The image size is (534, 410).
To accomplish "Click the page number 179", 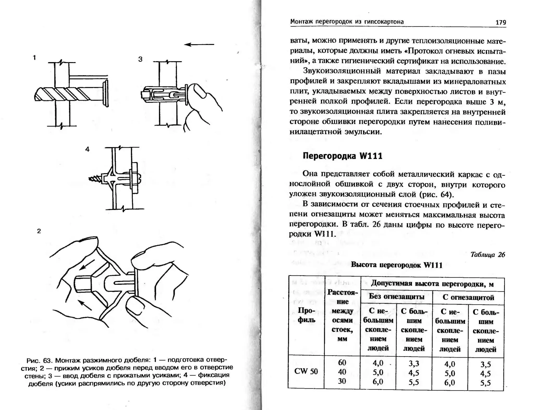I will tap(501, 22).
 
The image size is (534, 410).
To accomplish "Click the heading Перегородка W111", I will tap(342, 156).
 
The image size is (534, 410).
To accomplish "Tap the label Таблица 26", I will tap(488, 255).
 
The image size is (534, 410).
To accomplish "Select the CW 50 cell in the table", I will tap(306, 371).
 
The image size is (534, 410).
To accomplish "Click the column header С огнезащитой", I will tap(468, 298).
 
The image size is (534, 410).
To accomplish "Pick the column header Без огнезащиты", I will tap(396, 297).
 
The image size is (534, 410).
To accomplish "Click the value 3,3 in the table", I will tap(414, 364).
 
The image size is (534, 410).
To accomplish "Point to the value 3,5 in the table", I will tap(486, 364).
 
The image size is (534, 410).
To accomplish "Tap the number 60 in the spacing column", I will tap(342, 363).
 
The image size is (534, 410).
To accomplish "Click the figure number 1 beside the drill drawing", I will tap(34, 58).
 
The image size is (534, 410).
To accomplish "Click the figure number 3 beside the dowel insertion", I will tap(140, 59).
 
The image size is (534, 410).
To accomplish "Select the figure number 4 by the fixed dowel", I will tap(87, 149).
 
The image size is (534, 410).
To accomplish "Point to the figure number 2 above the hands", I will tap(39, 231).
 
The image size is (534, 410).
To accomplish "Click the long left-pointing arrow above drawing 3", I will tap(199, 45).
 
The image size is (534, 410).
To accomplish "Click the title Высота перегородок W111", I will tap(397, 265).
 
